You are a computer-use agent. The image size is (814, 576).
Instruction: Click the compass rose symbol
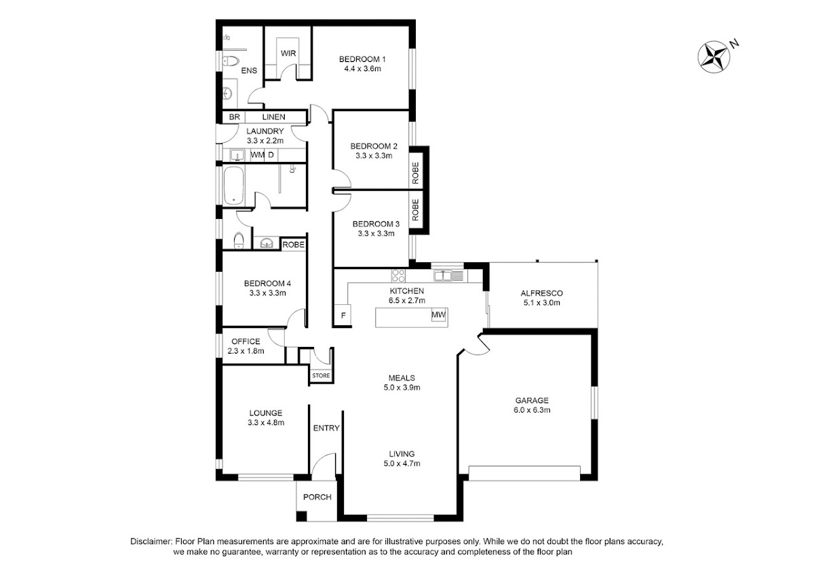pyautogui.click(x=714, y=57)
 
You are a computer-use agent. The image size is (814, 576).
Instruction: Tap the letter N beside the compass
pyautogui.click(x=735, y=44)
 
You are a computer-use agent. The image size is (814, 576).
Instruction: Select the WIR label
pyautogui.click(x=288, y=54)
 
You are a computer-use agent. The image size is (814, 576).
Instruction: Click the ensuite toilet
pyautogui.click(x=230, y=60)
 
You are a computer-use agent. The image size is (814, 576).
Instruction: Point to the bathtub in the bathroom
pyautogui.click(x=233, y=186)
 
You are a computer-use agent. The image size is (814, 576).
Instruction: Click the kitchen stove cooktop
pyautogui.click(x=398, y=276)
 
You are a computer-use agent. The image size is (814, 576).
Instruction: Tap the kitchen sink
pyautogui.click(x=442, y=276)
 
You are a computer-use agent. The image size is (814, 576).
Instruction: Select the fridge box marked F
pyautogui.click(x=343, y=316)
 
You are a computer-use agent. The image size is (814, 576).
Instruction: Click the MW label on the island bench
pyautogui.click(x=439, y=315)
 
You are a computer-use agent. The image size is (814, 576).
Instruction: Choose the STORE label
pyautogui.click(x=322, y=375)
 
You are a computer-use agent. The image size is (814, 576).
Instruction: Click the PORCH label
pyautogui.click(x=317, y=497)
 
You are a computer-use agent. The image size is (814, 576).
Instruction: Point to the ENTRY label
pyautogui.click(x=326, y=428)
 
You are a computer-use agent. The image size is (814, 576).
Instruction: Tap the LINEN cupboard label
pyautogui.click(x=273, y=117)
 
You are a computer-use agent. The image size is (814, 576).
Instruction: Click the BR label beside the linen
pyautogui.click(x=235, y=117)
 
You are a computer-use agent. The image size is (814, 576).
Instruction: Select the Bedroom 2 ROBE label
pyautogui.click(x=415, y=173)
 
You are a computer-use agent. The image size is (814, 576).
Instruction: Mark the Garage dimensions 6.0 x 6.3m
pyautogui.click(x=532, y=410)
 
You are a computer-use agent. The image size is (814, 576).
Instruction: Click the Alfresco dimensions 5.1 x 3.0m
pyautogui.click(x=541, y=303)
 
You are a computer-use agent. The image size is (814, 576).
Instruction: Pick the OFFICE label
pyautogui.click(x=246, y=342)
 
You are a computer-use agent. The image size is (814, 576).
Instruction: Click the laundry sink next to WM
pyautogui.click(x=237, y=155)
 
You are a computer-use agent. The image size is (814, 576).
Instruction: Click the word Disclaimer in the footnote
pyautogui.click(x=151, y=541)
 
